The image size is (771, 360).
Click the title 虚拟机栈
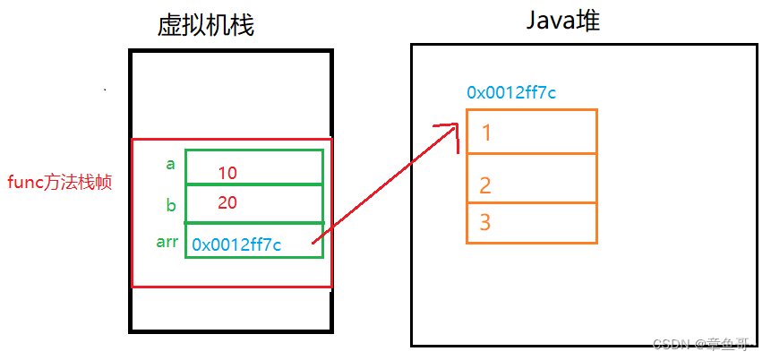(x=206, y=25)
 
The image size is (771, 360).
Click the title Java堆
(x=562, y=21)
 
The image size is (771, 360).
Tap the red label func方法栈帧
(x=59, y=184)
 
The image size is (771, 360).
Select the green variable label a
(x=170, y=164)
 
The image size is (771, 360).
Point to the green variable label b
(x=170, y=205)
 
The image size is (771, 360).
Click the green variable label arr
(x=167, y=242)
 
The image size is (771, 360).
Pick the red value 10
(x=227, y=173)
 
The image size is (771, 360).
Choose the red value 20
(x=227, y=203)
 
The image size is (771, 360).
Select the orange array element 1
(x=486, y=133)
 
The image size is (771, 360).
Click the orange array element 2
(x=485, y=185)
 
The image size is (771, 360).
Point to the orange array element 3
(x=485, y=222)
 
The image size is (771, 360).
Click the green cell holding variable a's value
(x=254, y=167)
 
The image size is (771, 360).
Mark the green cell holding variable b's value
(x=254, y=203)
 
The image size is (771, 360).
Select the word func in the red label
(x=22, y=184)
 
